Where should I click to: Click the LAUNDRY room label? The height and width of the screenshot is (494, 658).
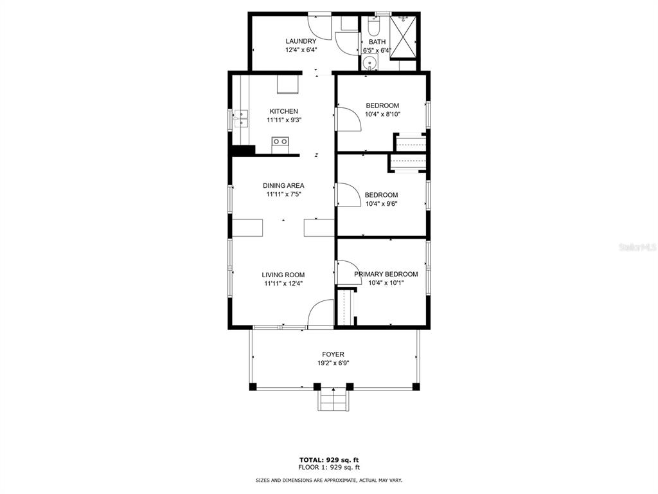[x=301, y=41]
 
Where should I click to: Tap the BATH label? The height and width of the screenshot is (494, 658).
[x=377, y=42]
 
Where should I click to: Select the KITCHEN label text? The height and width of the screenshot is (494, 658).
[x=283, y=111]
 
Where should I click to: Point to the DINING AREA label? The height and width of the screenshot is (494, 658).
[x=283, y=186]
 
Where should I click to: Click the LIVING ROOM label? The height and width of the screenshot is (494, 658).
[x=283, y=275]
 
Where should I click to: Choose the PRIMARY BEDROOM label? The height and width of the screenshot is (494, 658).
[x=386, y=274]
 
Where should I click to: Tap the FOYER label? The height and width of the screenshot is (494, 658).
[x=333, y=354]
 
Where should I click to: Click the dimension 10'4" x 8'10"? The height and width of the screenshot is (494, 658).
[x=382, y=114]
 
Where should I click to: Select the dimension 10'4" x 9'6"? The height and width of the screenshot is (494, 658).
[x=382, y=204]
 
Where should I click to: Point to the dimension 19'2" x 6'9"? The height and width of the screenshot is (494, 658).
[x=333, y=363]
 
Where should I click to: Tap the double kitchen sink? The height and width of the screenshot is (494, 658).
[x=242, y=118]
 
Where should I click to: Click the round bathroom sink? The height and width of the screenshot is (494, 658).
[x=369, y=64]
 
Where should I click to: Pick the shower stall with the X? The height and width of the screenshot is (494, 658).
[x=403, y=37]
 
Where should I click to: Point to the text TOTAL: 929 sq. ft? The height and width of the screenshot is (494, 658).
[x=329, y=460]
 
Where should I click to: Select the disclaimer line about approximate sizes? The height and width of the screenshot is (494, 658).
[x=329, y=480]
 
